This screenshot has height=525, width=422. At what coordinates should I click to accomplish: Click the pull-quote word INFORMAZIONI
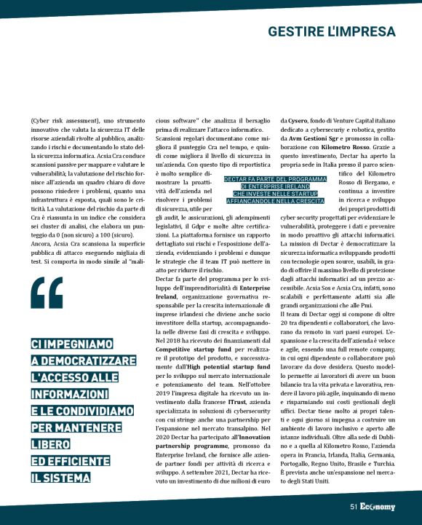pyautogui.click(x=70, y=392)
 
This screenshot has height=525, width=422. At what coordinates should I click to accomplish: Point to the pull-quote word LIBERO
pyautogui.click(x=47, y=444)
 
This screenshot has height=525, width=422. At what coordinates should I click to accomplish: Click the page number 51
pyautogui.click(x=354, y=507)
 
